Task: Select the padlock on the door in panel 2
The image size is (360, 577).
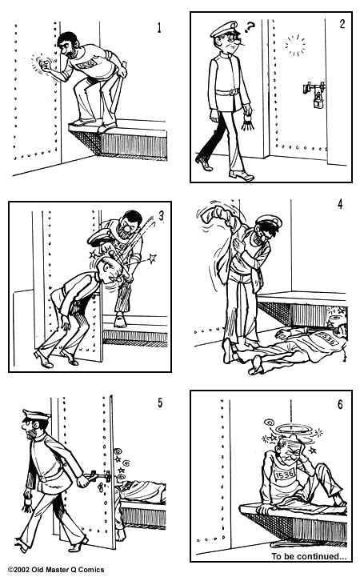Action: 318,101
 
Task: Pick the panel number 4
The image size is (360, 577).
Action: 339,203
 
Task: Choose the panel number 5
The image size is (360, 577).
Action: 159,402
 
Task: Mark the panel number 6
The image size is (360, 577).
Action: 340,404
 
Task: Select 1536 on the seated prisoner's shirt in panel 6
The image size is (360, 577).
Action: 286,476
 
